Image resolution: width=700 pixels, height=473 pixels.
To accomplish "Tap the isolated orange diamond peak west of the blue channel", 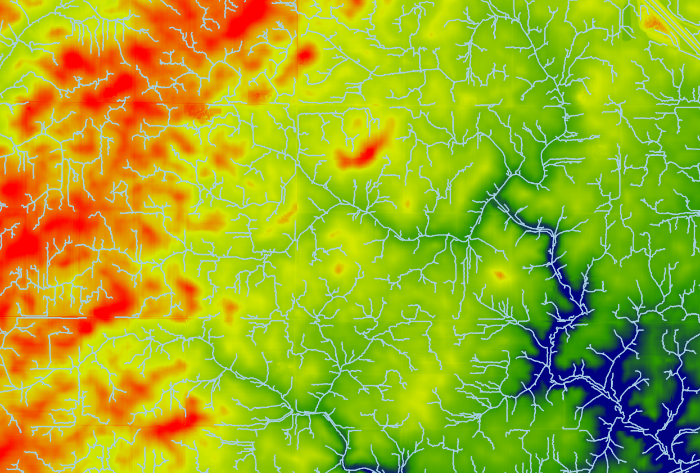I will click(499, 275).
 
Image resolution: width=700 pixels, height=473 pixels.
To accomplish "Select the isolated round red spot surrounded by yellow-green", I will click(304, 55).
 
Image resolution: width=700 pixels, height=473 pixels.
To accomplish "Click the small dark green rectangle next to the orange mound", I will click(627, 31).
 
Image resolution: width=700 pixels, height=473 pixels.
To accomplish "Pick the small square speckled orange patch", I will click(259, 96).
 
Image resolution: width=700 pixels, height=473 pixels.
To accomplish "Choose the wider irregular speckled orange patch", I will click(200, 112).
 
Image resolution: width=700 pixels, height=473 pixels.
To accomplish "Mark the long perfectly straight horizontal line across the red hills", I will click(51, 318).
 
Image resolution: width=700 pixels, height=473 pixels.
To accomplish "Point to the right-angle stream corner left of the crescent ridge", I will click(298, 115).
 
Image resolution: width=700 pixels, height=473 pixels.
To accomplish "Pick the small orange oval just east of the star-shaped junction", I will click(407, 204).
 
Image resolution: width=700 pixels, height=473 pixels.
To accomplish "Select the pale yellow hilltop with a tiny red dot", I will click(339, 268).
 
